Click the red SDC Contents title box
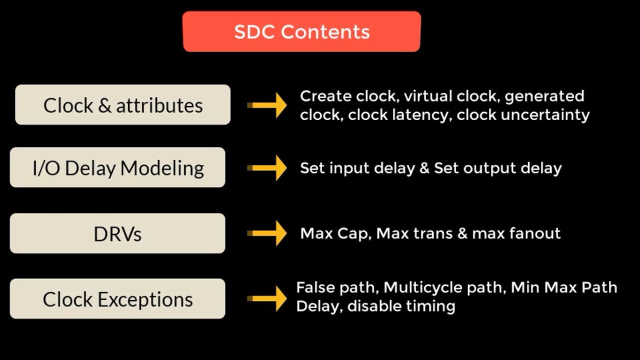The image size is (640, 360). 301,31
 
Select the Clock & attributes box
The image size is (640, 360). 122,105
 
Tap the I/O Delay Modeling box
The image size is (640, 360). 117,167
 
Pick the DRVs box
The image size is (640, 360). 117,233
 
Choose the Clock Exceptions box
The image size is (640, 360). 117,299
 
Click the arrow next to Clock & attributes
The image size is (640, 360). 267,105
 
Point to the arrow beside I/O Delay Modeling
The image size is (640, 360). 267,167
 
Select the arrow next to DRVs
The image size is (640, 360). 267,233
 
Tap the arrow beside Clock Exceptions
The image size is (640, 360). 267,299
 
